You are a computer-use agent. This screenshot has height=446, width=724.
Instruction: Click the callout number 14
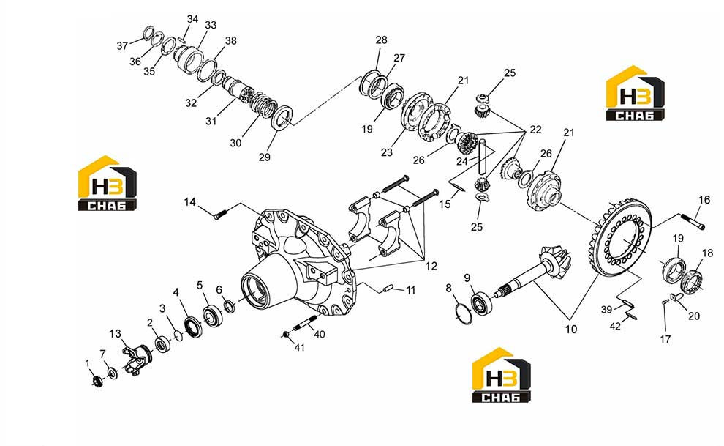click(189, 202)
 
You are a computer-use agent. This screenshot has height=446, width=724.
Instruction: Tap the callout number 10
click(571, 329)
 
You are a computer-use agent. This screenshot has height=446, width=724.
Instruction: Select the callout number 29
click(264, 157)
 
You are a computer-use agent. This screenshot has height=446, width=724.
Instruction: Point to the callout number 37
click(122, 45)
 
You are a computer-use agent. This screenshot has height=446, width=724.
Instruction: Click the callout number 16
click(704, 200)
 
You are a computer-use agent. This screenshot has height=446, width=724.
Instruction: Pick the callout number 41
click(300, 347)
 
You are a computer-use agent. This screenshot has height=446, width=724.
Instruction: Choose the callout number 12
click(431, 267)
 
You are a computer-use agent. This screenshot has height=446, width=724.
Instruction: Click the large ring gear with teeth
click(620, 238)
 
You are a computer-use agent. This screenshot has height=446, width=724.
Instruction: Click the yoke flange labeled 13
click(137, 358)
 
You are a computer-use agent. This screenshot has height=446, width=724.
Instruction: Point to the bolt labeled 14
click(221, 215)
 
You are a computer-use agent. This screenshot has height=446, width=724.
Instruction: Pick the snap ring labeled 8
click(463, 313)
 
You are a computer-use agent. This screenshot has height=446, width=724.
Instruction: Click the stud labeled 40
click(306, 322)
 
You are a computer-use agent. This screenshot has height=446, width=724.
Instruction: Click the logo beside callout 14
click(107, 183)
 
